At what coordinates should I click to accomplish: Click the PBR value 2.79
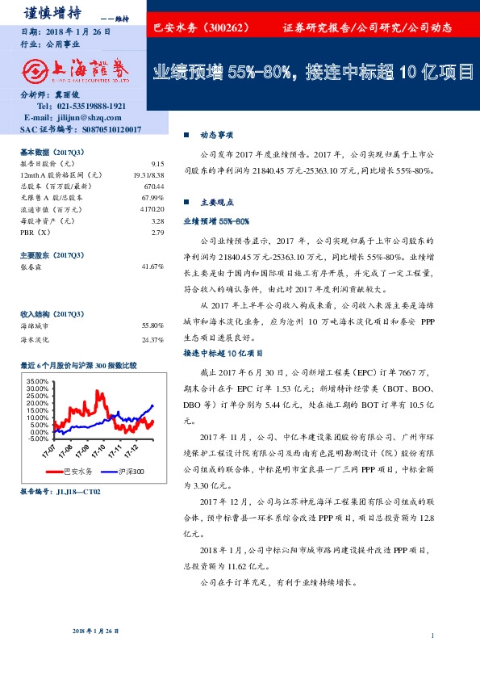(x=157, y=233)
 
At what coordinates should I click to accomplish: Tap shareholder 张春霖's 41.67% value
(x=152, y=267)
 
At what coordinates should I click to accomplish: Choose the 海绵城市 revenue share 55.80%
(x=152, y=325)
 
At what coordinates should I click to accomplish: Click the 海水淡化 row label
(x=35, y=340)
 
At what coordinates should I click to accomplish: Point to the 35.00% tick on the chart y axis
(x=38, y=380)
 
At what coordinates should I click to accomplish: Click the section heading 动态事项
(x=216, y=136)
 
